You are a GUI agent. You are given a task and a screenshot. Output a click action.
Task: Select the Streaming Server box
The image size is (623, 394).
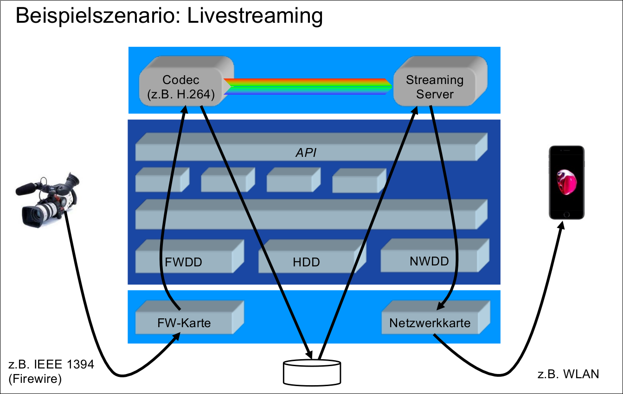click(x=435, y=86)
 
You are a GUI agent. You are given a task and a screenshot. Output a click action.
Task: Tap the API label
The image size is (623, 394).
click(x=306, y=152)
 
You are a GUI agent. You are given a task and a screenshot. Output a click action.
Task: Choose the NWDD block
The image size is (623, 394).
click(x=429, y=260)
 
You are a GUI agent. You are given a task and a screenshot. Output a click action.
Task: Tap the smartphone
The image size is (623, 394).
click(x=566, y=183)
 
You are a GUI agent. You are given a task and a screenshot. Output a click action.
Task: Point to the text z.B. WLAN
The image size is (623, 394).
click(x=568, y=374)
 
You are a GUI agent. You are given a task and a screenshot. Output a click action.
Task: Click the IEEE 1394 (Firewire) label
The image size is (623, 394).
click(x=51, y=371)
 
